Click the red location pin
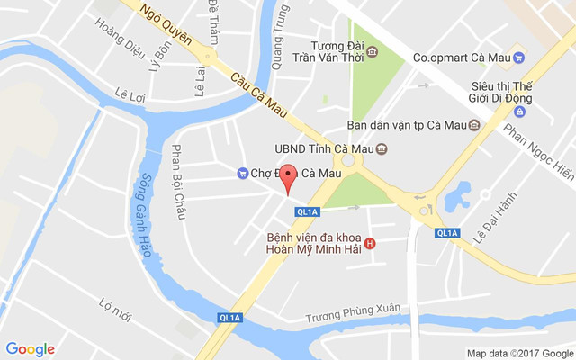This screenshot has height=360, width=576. (x=288, y=177)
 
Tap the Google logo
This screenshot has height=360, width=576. (x=30, y=349)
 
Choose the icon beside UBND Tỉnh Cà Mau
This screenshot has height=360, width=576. (x=382, y=148)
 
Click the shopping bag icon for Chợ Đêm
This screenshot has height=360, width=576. (x=241, y=173)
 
